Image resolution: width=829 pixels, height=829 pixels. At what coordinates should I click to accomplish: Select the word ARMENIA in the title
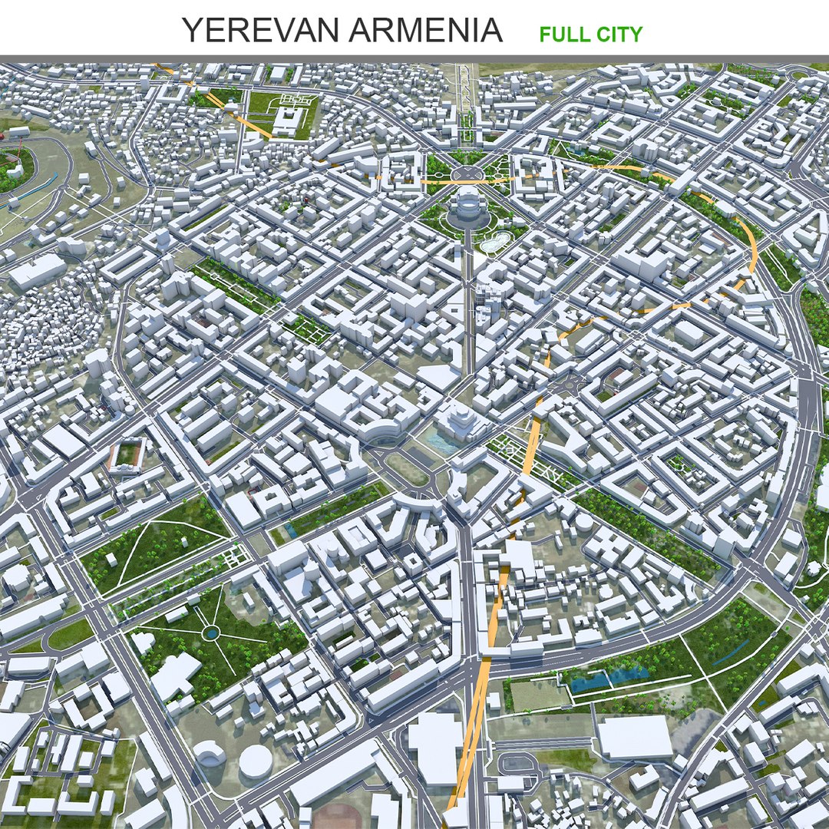pyautogui.click(x=425, y=31)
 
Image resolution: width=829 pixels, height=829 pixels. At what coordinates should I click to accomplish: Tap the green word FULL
pyautogui.click(x=562, y=35)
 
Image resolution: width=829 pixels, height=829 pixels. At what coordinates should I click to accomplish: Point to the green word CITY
pyautogui.click(x=618, y=35)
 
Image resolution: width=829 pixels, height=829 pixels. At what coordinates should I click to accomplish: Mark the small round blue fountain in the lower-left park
pyautogui.click(x=210, y=632)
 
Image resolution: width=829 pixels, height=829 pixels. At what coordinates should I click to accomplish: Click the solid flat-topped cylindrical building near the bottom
pyautogui.click(x=255, y=760)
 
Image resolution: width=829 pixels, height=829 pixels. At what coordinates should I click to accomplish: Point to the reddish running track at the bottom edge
pyautogui.click(x=338, y=817)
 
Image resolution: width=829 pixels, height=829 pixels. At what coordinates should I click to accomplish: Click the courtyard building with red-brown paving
pyautogui.click(x=126, y=454)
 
